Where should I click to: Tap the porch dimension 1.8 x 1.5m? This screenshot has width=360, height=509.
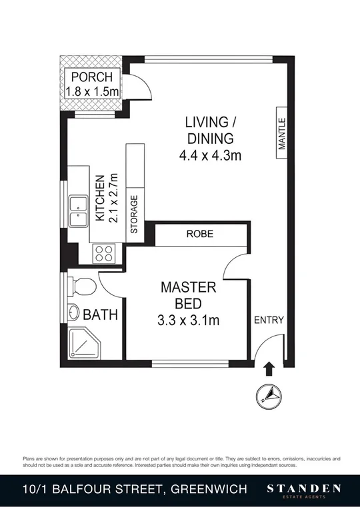(x=93, y=91)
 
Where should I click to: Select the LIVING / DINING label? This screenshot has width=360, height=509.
(x=209, y=131)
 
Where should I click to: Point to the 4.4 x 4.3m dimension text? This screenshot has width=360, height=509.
(x=209, y=157)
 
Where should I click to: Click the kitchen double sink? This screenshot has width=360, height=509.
(x=79, y=212)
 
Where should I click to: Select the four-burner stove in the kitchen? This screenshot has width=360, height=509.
(x=105, y=253)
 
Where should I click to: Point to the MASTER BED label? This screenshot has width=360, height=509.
(x=189, y=296)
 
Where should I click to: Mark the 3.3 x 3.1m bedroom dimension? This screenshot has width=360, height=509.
(x=189, y=320)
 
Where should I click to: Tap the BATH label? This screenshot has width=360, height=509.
(x=100, y=314)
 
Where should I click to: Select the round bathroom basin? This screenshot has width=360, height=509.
(x=73, y=313)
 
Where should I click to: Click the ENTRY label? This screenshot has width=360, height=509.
(x=269, y=320)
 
